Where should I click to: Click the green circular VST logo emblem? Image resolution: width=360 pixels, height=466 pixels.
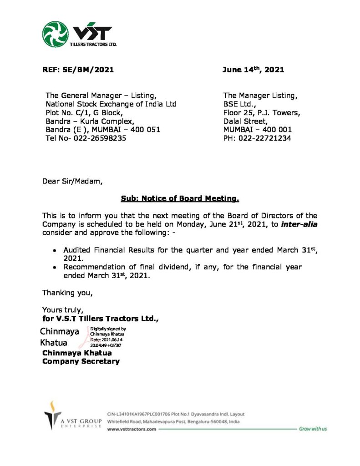click(x=56, y=35)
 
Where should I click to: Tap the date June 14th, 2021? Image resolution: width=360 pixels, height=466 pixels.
click(x=253, y=70)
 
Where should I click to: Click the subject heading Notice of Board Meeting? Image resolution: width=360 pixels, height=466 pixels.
click(x=180, y=198)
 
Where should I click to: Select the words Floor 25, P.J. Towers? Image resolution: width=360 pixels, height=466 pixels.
click(x=261, y=112)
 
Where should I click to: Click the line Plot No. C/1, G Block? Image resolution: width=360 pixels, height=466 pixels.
click(x=84, y=112)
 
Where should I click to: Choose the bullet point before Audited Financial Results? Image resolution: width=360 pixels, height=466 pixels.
click(x=55, y=251)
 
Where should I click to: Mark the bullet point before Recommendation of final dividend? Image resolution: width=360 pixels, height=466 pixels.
click(x=55, y=268)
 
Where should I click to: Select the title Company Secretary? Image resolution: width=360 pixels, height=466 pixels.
click(x=81, y=361)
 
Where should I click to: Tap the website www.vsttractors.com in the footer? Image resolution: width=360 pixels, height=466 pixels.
click(x=132, y=429)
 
